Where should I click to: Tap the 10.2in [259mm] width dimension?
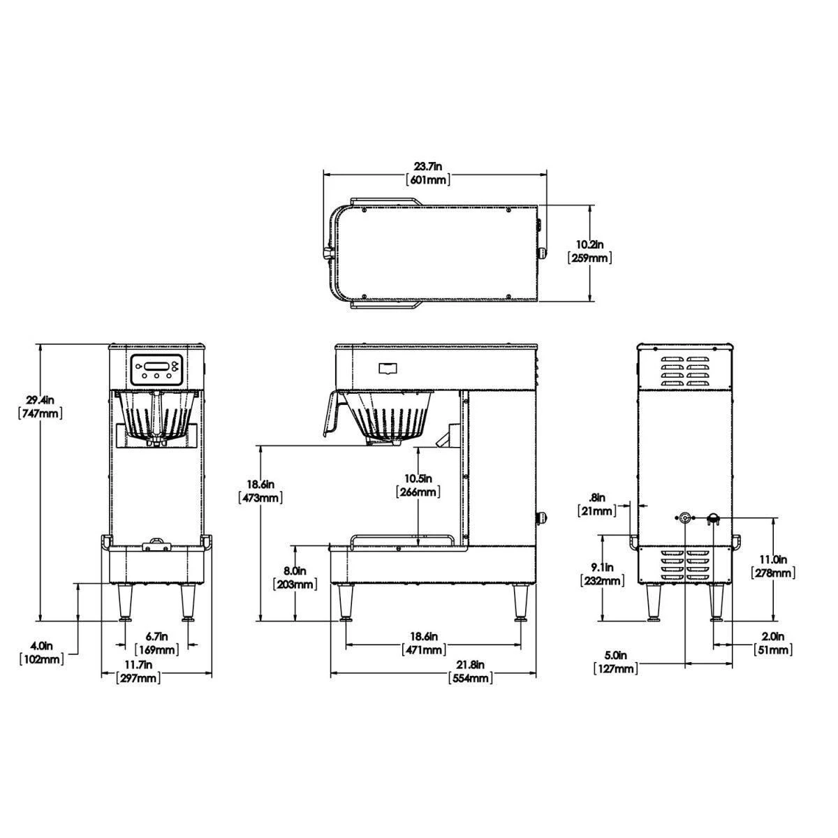590,251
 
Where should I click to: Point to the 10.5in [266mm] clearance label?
418,485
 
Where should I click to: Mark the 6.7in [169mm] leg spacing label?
157,643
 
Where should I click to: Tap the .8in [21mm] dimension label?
598,504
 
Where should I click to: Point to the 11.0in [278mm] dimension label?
772,566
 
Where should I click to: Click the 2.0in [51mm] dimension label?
772,643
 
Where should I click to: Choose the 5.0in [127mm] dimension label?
616,662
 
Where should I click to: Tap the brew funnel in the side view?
388,419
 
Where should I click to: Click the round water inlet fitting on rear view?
684,517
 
